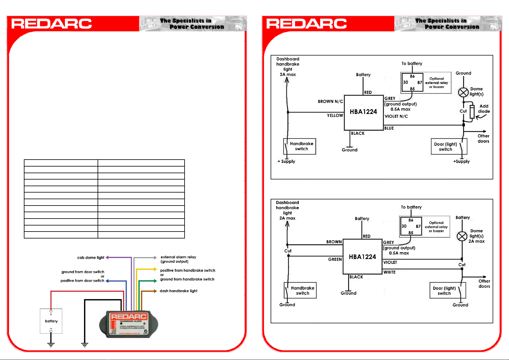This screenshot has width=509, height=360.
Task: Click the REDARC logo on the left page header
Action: pos(51,24)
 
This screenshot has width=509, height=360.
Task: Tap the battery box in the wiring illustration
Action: pos(51,321)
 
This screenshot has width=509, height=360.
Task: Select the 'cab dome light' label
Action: pos(91,258)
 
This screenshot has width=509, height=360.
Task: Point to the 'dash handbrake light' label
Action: pos(179,291)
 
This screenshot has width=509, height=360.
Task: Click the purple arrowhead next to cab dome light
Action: pos(107,258)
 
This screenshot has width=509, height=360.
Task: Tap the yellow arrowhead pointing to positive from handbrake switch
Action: pos(155,269)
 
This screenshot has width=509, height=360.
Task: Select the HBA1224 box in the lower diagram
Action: pos(362,257)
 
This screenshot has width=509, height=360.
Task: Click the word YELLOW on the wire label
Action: pos(335,115)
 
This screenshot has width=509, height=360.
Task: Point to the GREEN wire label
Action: pos(335,259)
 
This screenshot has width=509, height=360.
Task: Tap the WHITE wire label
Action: pos(389,272)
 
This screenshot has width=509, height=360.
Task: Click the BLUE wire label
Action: pos(389,128)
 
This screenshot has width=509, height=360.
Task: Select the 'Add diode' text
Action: pos(484,109)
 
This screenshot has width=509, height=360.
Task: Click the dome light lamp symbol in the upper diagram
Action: pos(463,92)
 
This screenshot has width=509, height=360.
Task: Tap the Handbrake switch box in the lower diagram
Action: pos(300,290)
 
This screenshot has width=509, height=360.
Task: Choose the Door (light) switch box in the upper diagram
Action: pos(449,147)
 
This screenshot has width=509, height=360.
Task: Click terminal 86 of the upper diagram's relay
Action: pos(412,76)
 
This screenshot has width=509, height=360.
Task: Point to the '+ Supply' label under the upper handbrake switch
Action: pos(286,161)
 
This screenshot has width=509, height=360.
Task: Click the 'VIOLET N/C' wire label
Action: pos(396,116)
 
